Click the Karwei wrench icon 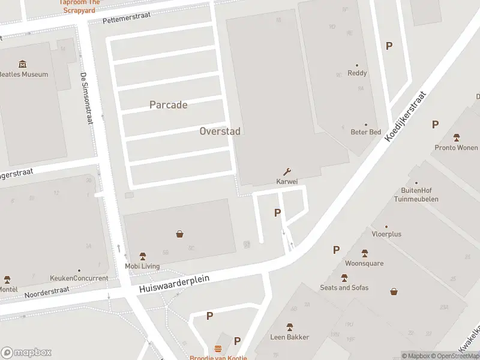click(287, 172)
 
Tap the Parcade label click(168, 105)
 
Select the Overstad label click(220, 131)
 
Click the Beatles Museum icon click(23, 64)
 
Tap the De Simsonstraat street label click(86, 98)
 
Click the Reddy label click(357, 73)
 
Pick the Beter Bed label click(365, 132)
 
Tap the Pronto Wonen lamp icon click(457, 137)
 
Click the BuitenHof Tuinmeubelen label click(420, 195)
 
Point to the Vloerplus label click(386, 234)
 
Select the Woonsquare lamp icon click(364, 253)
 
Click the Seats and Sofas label click(344, 287)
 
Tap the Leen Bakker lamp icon click(289, 327)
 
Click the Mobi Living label click(142, 266)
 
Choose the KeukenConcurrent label click(79, 278)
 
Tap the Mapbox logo click(26, 353)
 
